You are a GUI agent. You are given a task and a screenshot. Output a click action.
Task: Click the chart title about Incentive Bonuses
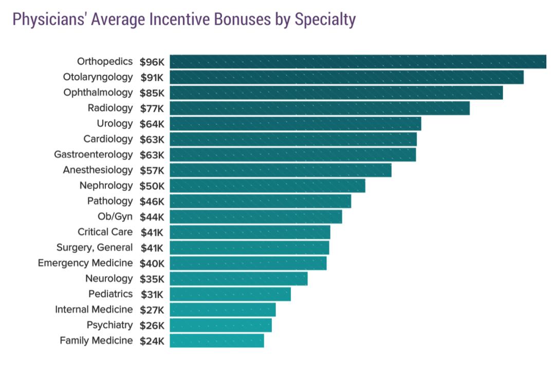(183, 20)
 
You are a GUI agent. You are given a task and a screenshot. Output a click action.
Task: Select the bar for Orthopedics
(358, 62)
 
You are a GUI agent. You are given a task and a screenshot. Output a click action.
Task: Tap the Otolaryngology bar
(346, 77)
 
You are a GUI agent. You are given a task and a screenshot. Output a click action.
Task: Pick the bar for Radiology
(320, 108)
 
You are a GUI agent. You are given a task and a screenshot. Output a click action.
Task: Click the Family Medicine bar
(217, 340)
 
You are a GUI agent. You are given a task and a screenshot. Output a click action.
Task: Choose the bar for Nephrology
(267, 186)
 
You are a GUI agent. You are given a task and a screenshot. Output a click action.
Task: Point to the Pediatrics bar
(230, 294)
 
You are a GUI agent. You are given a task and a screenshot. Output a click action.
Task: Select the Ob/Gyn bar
(256, 217)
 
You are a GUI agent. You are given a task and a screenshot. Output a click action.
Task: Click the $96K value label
(152, 62)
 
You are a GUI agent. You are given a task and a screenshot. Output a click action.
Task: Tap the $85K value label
(152, 93)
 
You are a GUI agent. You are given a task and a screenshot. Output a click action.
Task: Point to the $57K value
(152, 170)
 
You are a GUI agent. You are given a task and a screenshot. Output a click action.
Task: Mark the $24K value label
(152, 341)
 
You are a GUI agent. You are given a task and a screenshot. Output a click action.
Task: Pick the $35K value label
(152, 279)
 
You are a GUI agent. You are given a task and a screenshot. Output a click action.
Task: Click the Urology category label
(115, 123)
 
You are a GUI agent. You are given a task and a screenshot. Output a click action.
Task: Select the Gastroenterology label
(94, 154)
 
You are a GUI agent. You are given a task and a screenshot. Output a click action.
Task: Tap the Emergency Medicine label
(85, 263)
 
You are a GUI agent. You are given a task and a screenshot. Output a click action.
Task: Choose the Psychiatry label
(109, 325)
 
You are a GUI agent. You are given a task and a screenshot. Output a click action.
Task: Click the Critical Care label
(105, 232)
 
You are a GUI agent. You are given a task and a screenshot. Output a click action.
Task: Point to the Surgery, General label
(95, 247)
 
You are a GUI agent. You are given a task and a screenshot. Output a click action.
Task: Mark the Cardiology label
(108, 139)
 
